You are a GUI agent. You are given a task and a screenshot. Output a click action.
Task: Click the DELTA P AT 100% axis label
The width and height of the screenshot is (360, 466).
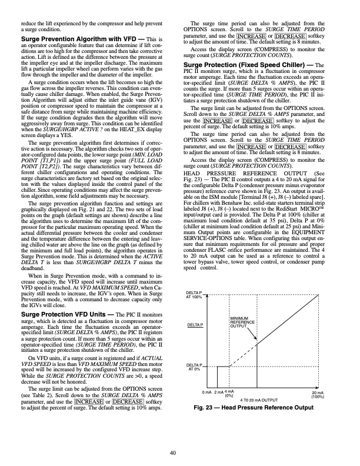point(194,295)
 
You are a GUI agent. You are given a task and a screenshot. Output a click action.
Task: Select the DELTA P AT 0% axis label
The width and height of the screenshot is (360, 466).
point(194,368)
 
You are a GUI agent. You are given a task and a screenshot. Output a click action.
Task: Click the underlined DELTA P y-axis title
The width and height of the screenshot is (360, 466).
point(195,325)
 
